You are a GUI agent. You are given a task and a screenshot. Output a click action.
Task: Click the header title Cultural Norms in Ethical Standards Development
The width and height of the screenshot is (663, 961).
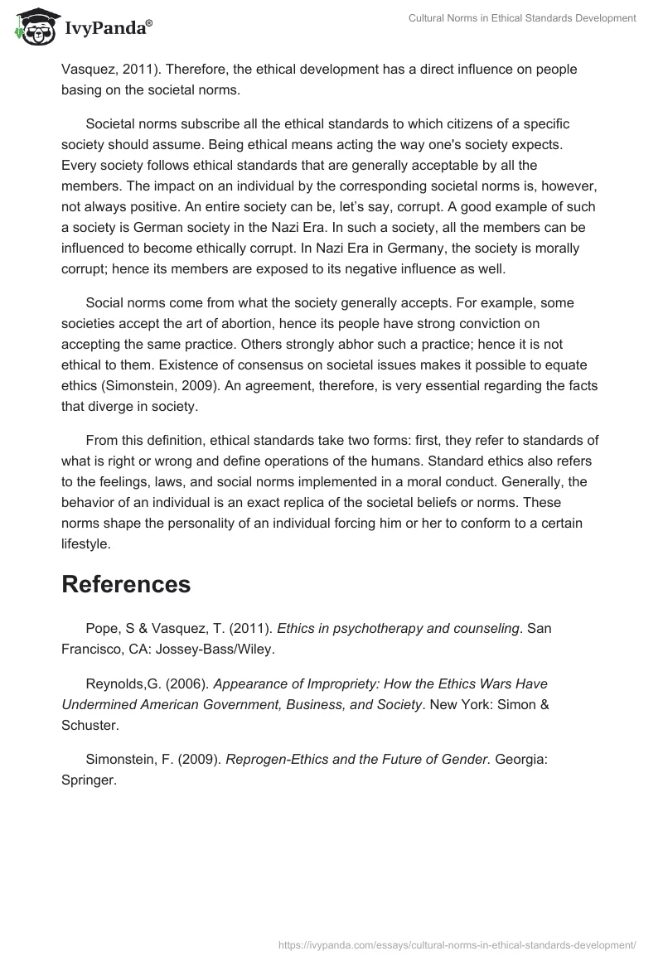522,18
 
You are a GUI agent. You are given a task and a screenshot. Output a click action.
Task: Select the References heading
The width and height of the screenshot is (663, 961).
126,584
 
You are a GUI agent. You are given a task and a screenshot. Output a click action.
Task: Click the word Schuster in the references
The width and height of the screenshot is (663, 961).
89,726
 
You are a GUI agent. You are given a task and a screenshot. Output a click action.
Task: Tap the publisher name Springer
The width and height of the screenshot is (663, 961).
89,780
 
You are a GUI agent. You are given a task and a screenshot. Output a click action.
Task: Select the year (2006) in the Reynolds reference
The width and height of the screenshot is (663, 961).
167,683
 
